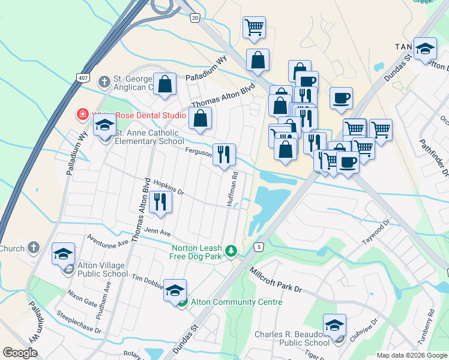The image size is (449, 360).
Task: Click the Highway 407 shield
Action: pos(83,78)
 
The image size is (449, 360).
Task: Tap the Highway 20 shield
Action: pos(195,19)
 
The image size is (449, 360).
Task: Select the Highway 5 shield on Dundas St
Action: pos(259,247)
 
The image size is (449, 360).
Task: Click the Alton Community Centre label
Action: pos(237,302)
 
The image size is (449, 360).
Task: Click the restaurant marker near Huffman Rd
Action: pos(224,154)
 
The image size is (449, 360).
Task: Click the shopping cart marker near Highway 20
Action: pos(254,27)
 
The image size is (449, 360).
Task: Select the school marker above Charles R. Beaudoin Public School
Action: pos(334,325)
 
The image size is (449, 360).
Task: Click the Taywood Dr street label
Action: pos(376,232)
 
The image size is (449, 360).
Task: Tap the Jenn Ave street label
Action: pos(157,232)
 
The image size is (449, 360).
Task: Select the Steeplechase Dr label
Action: pos(79,322)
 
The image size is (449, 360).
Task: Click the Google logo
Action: pos(20,353)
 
